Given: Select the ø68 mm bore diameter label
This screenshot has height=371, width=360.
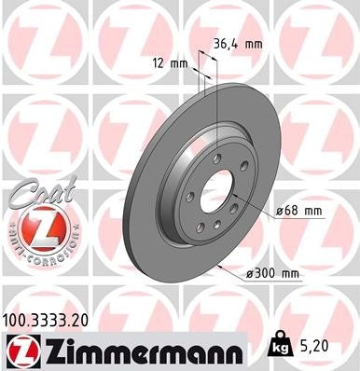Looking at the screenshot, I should click(298, 212).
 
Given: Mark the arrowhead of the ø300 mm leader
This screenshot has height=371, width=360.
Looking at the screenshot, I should click(218, 266).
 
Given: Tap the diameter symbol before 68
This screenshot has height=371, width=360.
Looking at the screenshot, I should click(279, 212).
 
